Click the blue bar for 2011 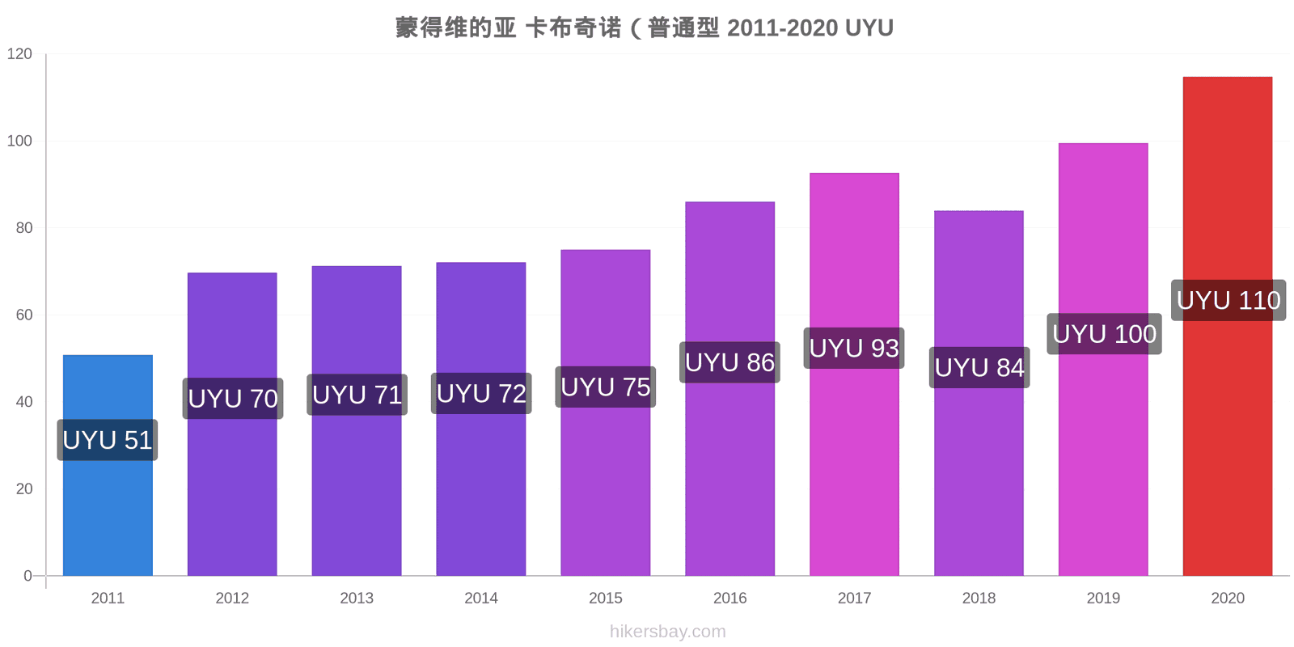[x=108, y=465]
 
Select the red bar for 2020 [x=1228, y=327]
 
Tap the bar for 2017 [x=854, y=374]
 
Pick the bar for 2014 [x=481, y=419]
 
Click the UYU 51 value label [x=108, y=440]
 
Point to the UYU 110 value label [x=1228, y=300]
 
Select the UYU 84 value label [x=979, y=367]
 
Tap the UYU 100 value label [x=1105, y=334]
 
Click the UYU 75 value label [x=606, y=387]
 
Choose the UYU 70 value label [x=233, y=399]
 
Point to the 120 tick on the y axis [x=19, y=53]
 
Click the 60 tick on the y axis [x=24, y=315]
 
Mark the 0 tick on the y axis [x=27, y=576]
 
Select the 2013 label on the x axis [x=357, y=598]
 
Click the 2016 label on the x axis [x=729, y=598]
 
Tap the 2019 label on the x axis [x=1103, y=598]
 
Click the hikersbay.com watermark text [x=668, y=632]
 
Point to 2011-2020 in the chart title [x=782, y=27]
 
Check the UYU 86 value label [x=729, y=362]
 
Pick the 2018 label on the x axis [x=979, y=598]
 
